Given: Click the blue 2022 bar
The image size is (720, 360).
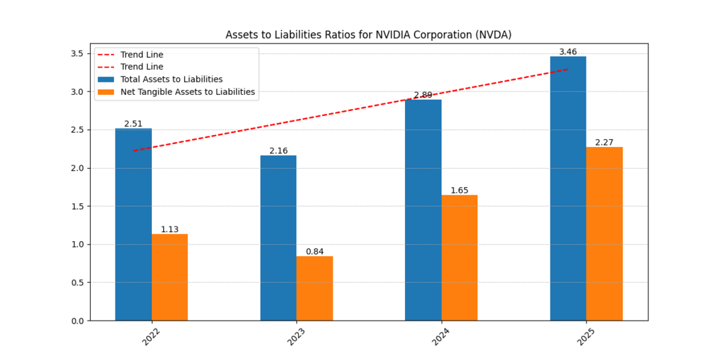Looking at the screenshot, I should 134,225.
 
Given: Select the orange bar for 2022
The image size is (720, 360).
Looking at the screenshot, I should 169,278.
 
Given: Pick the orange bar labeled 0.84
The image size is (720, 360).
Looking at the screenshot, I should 314,288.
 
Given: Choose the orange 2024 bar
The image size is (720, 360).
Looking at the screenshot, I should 459,257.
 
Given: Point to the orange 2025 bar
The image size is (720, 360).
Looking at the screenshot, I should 604,233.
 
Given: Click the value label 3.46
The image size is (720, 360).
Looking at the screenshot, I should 568,52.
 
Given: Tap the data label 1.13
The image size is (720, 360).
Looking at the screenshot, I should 169,229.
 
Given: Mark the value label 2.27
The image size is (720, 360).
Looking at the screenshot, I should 604,143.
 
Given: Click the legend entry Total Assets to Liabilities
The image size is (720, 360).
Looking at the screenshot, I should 172,79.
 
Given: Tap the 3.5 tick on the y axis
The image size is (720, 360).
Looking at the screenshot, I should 77,53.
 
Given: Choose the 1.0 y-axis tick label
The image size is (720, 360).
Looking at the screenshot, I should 77,245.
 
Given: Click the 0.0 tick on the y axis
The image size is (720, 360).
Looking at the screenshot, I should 77,321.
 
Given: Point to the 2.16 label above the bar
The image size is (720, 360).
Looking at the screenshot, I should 278,151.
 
